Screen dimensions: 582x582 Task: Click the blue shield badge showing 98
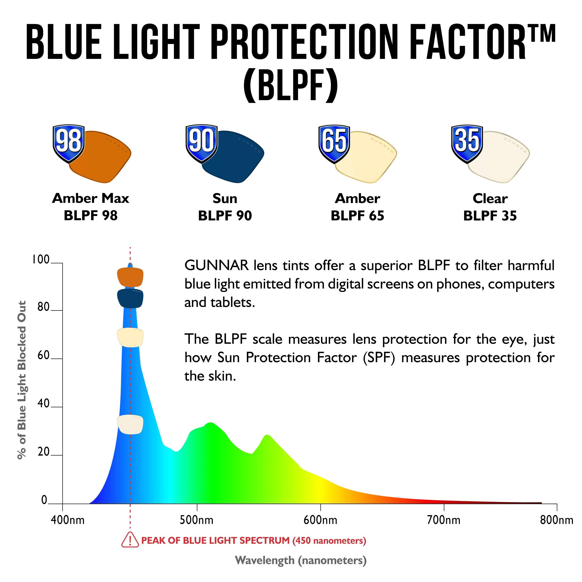pos(69,143)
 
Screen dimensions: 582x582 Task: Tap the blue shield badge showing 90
pos(201,143)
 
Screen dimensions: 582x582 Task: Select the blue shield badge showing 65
pos(334,143)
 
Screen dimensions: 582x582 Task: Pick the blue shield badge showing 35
pos(467,143)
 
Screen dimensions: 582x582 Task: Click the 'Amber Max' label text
pos(90,198)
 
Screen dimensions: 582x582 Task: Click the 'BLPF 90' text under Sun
pos(225,216)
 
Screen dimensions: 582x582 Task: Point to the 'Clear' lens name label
pos(490,198)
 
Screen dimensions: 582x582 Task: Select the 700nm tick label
pos(444,520)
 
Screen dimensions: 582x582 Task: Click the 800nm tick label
pos(556,520)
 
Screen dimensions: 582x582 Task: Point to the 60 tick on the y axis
pos(43,356)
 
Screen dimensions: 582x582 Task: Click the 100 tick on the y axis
pos(41,259)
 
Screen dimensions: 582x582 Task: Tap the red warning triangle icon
pos(130,540)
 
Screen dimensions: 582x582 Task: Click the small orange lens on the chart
pos(130,277)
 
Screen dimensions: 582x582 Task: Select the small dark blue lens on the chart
pos(130,298)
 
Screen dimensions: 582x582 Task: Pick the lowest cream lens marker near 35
pos(130,424)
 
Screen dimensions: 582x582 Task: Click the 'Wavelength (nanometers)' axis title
pos(301,561)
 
